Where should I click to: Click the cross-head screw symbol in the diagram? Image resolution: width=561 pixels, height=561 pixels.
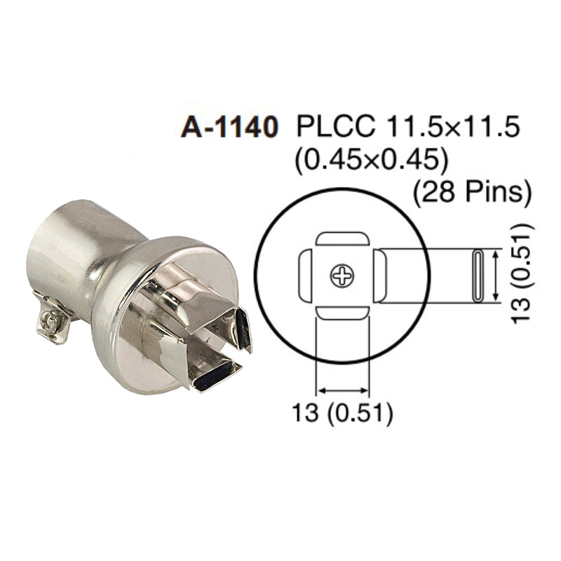coord(343,276)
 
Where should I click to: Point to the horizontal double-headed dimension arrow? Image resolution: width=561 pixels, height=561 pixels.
coord(343,390)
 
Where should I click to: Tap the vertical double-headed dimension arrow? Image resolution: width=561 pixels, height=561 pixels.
coord(497,276)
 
